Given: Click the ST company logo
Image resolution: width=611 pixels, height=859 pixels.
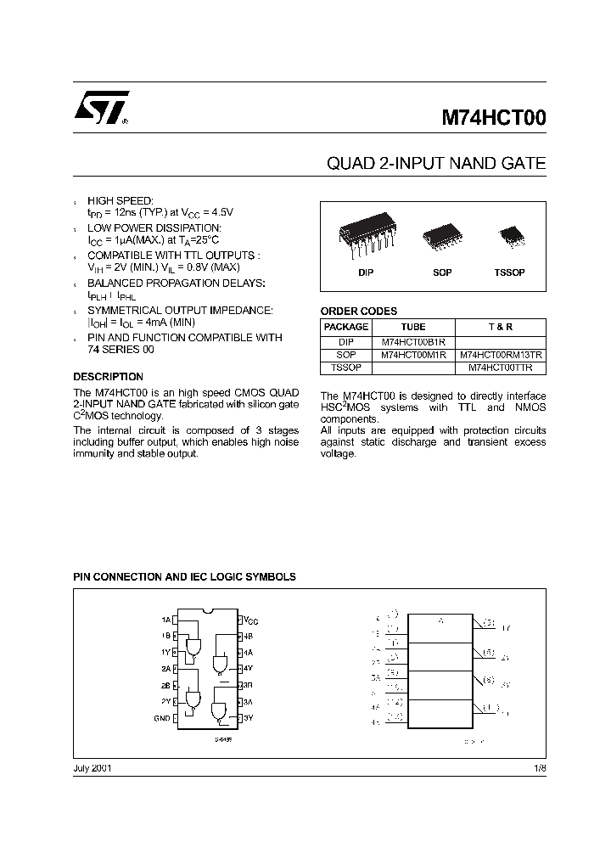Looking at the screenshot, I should click(x=100, y=109).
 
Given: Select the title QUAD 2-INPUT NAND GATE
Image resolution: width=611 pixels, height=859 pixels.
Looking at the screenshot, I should click(x=436, y=163).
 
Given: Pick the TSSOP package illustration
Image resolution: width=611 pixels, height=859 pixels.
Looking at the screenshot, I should click(x=510, y=233).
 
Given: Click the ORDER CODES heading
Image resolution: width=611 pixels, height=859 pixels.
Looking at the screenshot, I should click(x=358, y=312).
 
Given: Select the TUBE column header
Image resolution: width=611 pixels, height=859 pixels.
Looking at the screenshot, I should click(x=413, y=327).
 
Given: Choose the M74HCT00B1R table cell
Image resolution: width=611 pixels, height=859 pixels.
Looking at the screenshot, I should click(x=413, y=340).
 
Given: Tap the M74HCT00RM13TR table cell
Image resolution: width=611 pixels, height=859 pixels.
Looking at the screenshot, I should click(x=502, y=354).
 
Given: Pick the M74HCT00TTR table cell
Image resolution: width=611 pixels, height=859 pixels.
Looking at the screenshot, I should click(x=502, y=368).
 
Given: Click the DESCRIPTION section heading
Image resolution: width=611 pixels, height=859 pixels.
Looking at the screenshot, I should click(x=108, y=376).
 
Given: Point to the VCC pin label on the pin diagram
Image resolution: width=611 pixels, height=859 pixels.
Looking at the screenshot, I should click(x=251, y=620).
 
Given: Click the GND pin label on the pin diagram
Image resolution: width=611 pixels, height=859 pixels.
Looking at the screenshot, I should click(x=162, y=718).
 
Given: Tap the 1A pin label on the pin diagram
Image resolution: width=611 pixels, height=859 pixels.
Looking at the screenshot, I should click(x=165, y=620).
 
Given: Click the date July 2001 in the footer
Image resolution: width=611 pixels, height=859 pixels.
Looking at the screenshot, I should click(x=92, y=767).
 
